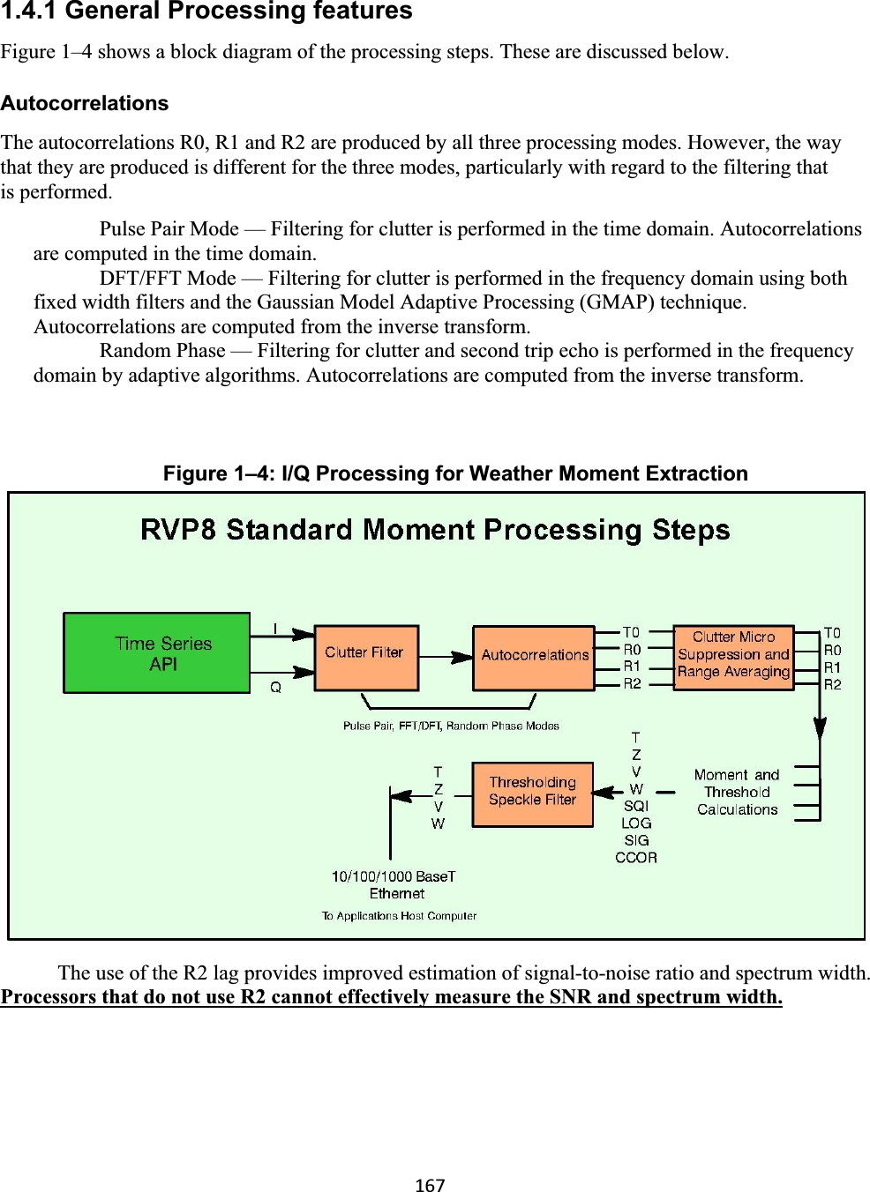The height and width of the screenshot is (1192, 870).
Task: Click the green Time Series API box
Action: (x=157, y=653)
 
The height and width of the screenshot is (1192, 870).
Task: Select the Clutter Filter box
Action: (x=366, y=657)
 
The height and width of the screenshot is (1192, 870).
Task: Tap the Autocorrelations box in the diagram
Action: (x=534, y=658)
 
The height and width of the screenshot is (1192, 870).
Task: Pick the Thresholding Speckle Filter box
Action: (x=532, y=793)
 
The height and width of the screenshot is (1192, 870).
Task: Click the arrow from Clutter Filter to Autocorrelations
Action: (x=446, y=657)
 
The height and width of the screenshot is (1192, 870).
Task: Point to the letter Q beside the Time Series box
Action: (x=275, y=687)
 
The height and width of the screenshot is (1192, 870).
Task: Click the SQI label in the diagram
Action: (x=636, y=806)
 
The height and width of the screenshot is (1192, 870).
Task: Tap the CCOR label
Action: (x=636, y=857)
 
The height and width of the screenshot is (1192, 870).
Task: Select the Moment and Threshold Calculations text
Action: (x=737, y=792)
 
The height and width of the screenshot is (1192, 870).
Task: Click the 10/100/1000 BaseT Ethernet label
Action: (x=394, y=884)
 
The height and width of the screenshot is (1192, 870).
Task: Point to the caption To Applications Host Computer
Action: (x=399, y=916)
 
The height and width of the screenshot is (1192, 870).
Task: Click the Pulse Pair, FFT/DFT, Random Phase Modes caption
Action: (x=451, y=726)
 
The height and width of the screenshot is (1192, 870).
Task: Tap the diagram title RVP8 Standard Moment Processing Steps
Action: (x=435, y=530)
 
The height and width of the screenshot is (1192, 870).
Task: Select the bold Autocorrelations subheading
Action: (x=85, y=103)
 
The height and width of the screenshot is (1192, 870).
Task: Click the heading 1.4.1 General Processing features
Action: (x=206, y=11)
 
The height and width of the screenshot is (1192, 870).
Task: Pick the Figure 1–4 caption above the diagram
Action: (x=455, y=473)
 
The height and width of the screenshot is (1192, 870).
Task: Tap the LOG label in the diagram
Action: (x=636, y=823)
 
